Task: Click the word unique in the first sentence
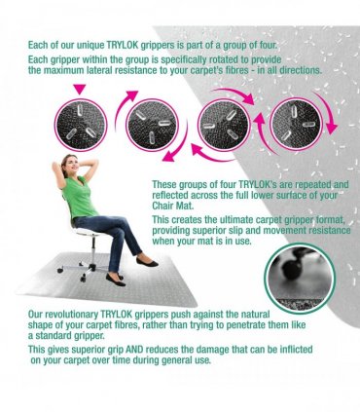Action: click(90, 45)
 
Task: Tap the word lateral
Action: click(94, 70)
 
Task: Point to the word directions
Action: click(301, 70)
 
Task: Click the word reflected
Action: click(170, 195)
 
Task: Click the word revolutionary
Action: click(73, 315)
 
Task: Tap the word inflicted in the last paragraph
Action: click(296, 350)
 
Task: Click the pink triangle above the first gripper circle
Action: click(80, 89)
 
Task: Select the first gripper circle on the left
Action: click(81, 126)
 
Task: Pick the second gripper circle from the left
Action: click(152, 126)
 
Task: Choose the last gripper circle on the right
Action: click(297, 125)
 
